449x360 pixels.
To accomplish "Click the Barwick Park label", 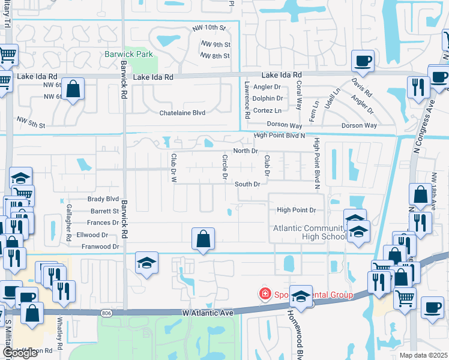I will [x=129, y=54].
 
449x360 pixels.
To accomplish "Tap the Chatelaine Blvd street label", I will [x=182, y=113].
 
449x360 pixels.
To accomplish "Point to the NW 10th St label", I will [x=209, y=28].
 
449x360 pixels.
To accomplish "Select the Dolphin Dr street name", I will [x=268, y=98].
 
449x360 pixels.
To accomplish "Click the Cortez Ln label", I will [x=268, y=110].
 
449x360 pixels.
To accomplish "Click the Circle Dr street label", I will [x=225, y=167].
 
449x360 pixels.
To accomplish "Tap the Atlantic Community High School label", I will [x=310, y=232].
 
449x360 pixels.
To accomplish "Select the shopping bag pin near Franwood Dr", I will [x=203, y=239].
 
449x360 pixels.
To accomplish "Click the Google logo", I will [x=20, y=353].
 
